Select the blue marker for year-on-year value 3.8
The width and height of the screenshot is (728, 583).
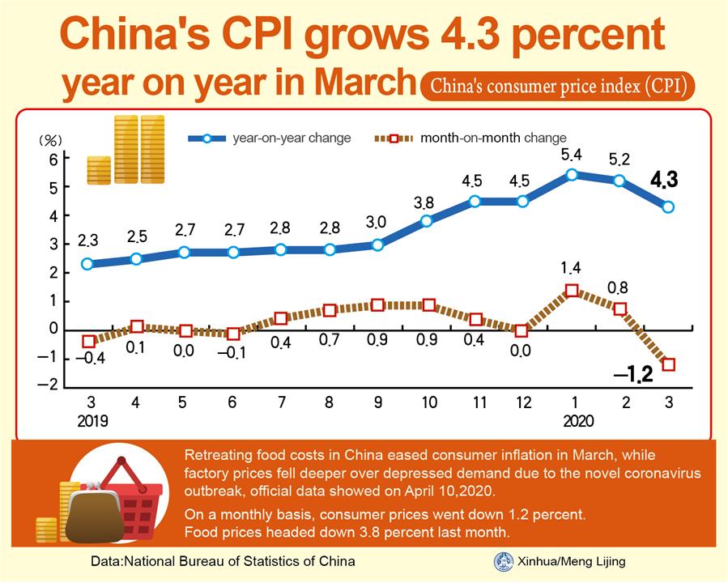[x=427, y=220]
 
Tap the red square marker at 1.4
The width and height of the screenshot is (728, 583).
[x=572, y=291]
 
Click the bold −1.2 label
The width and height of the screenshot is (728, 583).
[x=633, y=375]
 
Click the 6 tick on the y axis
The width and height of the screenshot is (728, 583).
[x=53, y=160]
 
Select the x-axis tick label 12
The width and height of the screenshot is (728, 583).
[x=522, y=402]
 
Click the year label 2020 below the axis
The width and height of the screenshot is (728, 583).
[x=578, y=422]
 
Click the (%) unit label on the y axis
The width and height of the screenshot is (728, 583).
[x=51, y=140]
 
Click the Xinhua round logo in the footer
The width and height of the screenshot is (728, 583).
[x=503, y=561]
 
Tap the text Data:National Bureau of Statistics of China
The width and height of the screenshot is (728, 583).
[x=223, y=561]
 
